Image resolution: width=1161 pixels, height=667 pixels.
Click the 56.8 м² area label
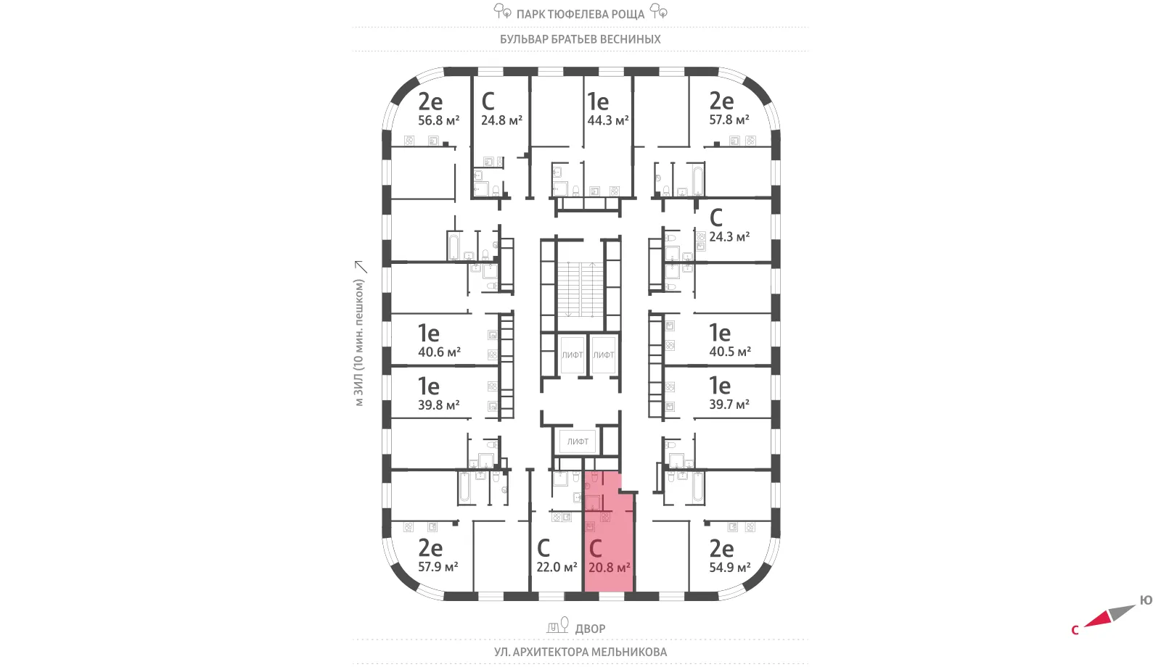coord(438,120)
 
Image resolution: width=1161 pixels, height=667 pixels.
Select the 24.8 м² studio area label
coord(501,120)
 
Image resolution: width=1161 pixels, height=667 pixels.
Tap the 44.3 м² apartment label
coord(607,120)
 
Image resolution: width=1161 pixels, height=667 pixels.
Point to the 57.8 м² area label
coord(729,120)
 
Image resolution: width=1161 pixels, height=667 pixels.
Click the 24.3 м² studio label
coord(729,236)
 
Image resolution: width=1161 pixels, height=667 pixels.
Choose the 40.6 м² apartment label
coord(439,352)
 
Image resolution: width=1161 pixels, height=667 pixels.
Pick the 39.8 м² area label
coord(438,405)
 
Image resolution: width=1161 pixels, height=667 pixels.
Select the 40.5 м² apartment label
coord(730,352)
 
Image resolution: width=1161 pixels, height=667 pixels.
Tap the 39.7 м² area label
coord(729,405)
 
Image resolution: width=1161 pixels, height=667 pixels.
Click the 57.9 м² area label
coord(438,567)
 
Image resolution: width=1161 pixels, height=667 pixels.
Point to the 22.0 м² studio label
coord(557,568)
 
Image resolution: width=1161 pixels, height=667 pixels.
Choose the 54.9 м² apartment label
coord(730,568)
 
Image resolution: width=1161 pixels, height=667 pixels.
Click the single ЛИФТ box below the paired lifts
coord(578,442)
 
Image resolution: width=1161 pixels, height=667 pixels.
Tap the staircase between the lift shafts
coord(580,289)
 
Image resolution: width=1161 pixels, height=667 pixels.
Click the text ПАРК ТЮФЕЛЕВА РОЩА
coord(580,14)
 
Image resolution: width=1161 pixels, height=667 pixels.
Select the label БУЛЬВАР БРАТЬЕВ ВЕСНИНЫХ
coord(580,39)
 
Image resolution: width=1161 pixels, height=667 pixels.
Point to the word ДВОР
coord(591,629)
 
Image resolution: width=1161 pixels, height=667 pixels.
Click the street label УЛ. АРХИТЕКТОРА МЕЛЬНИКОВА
coord(580,652)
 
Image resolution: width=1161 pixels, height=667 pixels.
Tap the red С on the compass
coord(1075,630)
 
